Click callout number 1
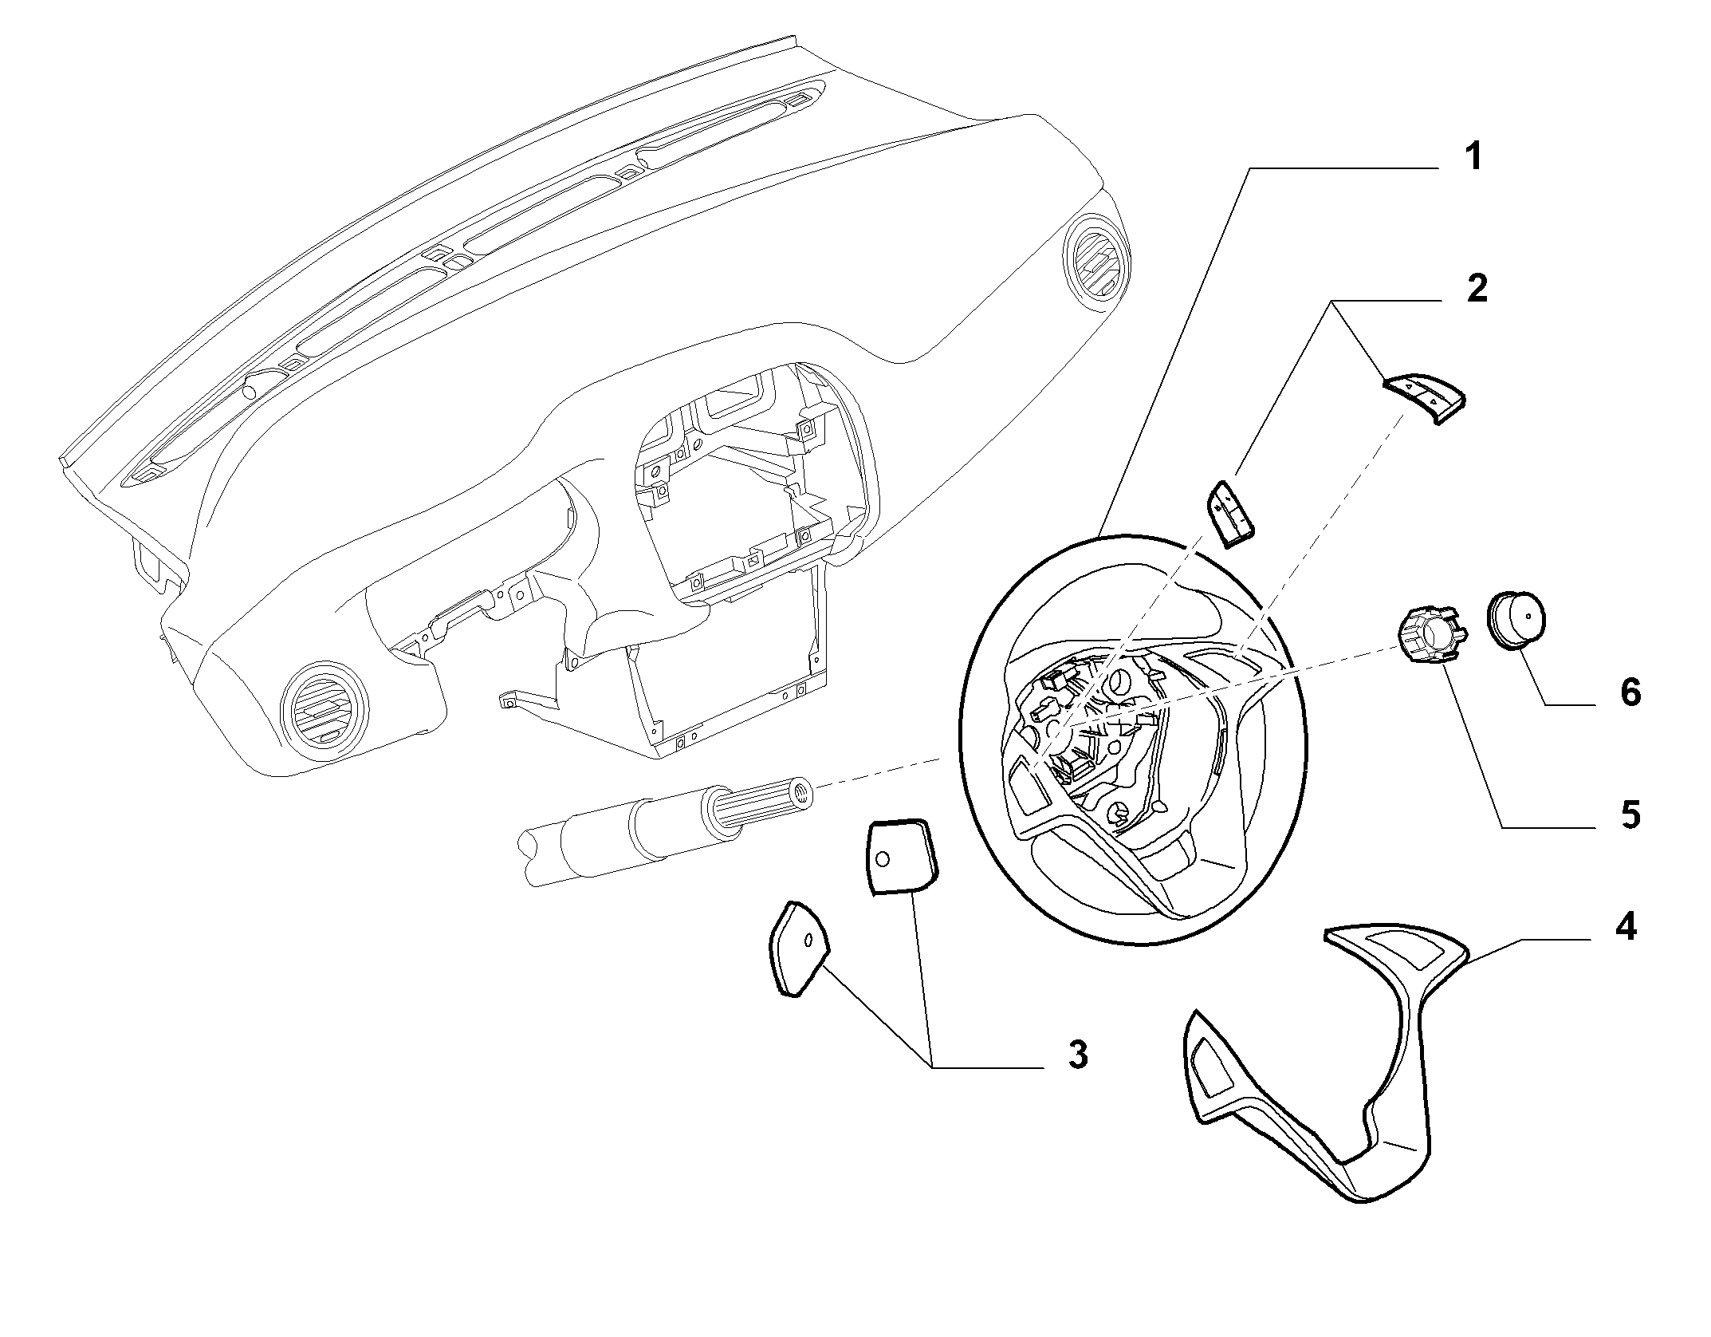1473,156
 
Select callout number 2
1476,287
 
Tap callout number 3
1077,1055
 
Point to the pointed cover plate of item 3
798,948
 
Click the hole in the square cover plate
882,859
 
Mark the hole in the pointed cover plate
808,941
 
